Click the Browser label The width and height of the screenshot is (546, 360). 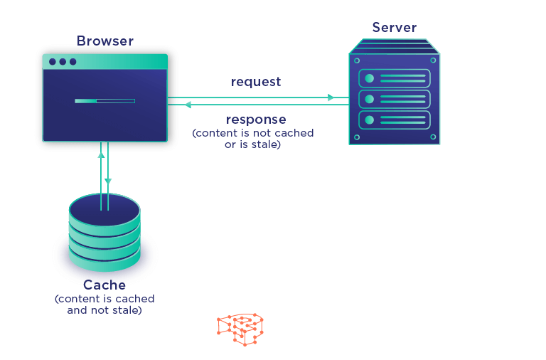[105, 41]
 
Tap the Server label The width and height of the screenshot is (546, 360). [394, 27]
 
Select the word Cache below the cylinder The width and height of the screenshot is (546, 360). [105, 285]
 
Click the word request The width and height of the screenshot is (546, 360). [256, 82]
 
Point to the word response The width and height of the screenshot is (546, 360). [256, 120]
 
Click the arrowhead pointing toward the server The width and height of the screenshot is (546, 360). [331, 97]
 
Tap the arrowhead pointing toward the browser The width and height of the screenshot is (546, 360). [188, 105]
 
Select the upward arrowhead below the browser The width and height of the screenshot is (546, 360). [101, 154]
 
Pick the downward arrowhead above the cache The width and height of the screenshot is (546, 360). [108, 181]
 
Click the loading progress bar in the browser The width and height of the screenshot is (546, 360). [105, 101]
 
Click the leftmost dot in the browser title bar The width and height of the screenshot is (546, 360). [53, 62]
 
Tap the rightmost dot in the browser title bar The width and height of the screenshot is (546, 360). [73, 62]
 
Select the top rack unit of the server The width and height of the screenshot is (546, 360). [394, 78]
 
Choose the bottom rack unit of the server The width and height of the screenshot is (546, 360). [394, 120]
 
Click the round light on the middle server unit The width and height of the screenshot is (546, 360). [369, 100]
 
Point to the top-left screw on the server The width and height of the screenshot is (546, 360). [357, 60]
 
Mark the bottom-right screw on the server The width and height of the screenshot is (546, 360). [433, 137]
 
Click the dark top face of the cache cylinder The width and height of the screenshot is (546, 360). [105, 210]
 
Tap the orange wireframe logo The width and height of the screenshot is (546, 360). [240, 329]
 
